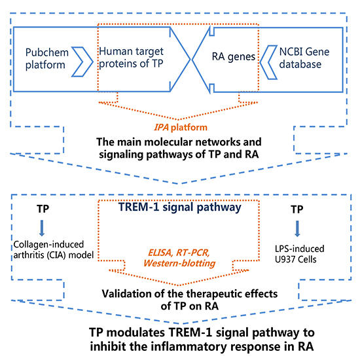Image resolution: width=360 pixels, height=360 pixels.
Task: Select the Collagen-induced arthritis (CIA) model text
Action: coord(49,251)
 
